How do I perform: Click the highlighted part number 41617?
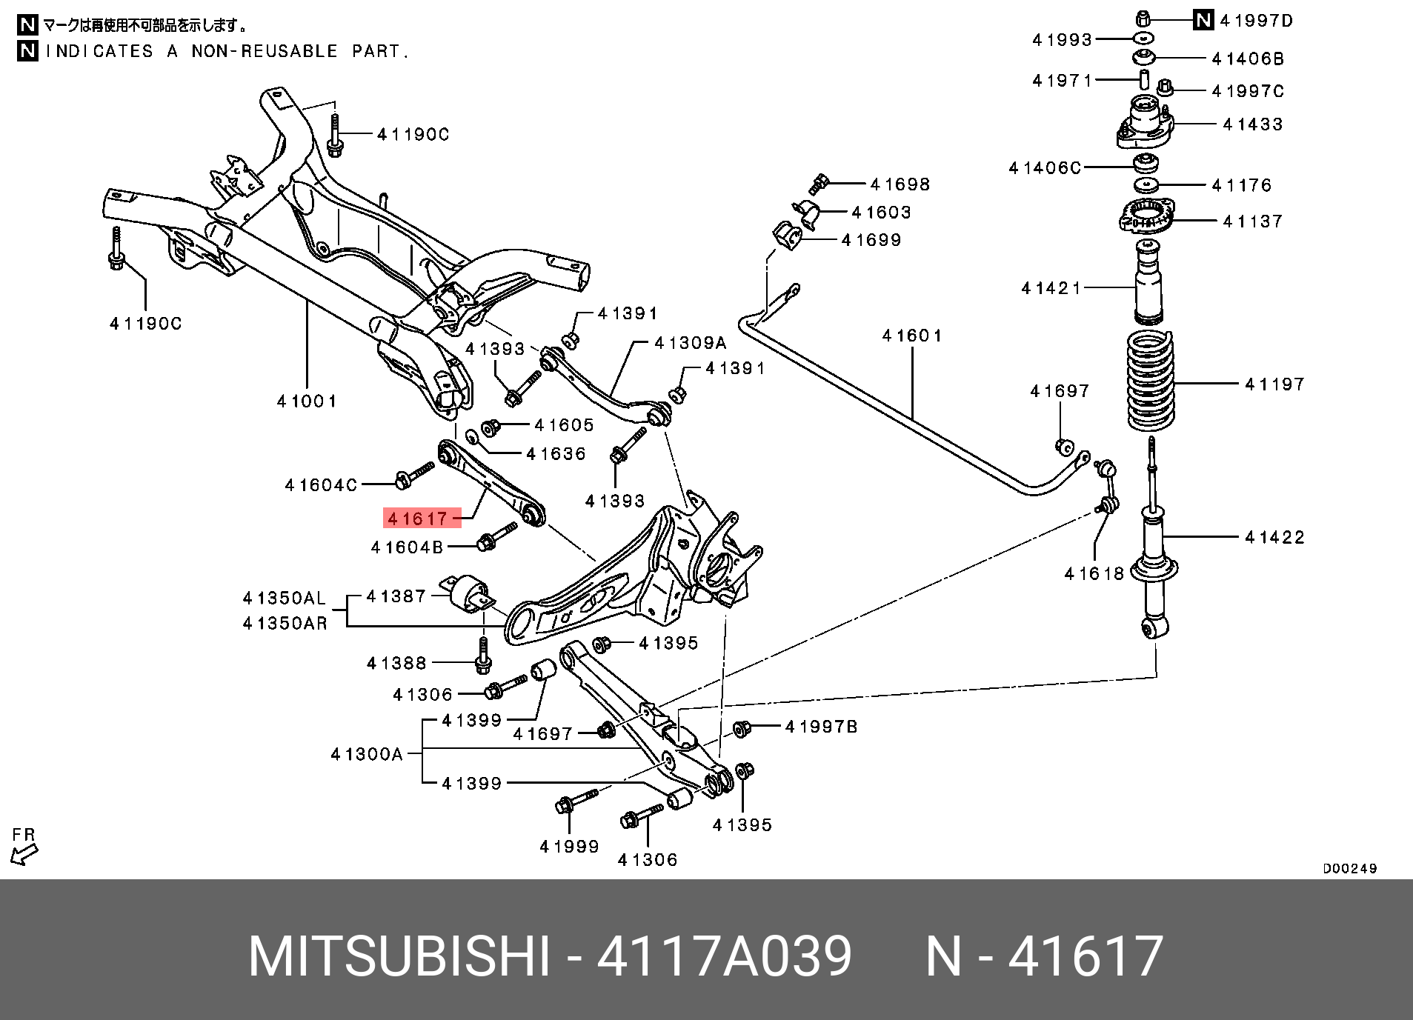418,519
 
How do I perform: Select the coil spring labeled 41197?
1150,381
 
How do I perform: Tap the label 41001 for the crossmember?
307,401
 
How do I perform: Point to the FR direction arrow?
24,854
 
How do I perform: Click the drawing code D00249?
1349,869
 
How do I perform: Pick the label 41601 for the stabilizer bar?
912,336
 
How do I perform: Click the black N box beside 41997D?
1203,20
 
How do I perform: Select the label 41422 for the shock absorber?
1274,537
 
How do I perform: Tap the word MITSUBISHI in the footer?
399,956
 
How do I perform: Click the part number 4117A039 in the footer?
724,956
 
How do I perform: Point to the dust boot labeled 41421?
1148,285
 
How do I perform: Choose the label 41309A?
691,343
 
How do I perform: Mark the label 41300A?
367,754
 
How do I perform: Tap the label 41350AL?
285,598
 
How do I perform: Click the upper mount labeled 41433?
1145,124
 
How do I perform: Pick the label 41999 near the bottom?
569,847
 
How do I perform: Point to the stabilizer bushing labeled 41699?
787,236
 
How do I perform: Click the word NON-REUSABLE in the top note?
265,51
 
